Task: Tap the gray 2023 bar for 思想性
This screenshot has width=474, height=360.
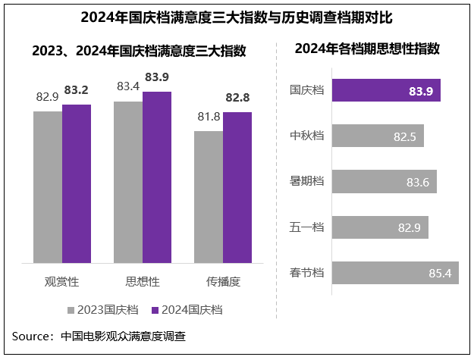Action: (128, 183)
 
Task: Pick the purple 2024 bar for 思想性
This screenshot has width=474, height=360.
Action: (157, 178)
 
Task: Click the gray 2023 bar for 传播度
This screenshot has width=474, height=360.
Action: (209, 198)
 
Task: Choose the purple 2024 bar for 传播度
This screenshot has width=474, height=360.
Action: (237, 189)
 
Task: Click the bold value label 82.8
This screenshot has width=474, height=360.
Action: (237, 99)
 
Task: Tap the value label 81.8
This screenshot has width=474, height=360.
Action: (209, 117)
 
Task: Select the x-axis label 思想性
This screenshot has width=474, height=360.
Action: (143, 281)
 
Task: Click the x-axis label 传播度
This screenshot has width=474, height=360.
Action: (223, 281)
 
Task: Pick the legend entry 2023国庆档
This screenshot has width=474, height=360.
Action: (105, 310)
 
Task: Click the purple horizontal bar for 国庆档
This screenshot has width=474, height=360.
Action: (386, 90)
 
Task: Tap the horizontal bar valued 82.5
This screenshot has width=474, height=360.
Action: (378, 136)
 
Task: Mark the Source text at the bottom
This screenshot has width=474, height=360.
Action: (99, 336)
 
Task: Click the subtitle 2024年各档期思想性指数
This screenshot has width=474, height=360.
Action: (367, 49)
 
